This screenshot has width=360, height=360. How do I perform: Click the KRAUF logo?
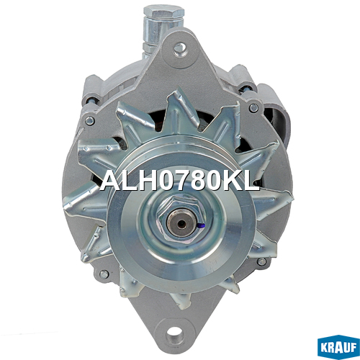coord(338,347)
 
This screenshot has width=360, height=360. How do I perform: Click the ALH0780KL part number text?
coord(179,181)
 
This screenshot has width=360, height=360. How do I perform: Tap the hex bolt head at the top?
coord(164,12)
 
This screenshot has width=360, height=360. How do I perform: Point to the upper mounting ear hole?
coord(179,49)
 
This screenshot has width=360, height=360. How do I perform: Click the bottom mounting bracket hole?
coord(174,333)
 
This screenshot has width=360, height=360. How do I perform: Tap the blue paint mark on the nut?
coord(202,225)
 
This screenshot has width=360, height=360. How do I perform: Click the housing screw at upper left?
coord(89,121)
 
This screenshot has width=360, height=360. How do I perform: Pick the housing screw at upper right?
coord(253,108)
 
